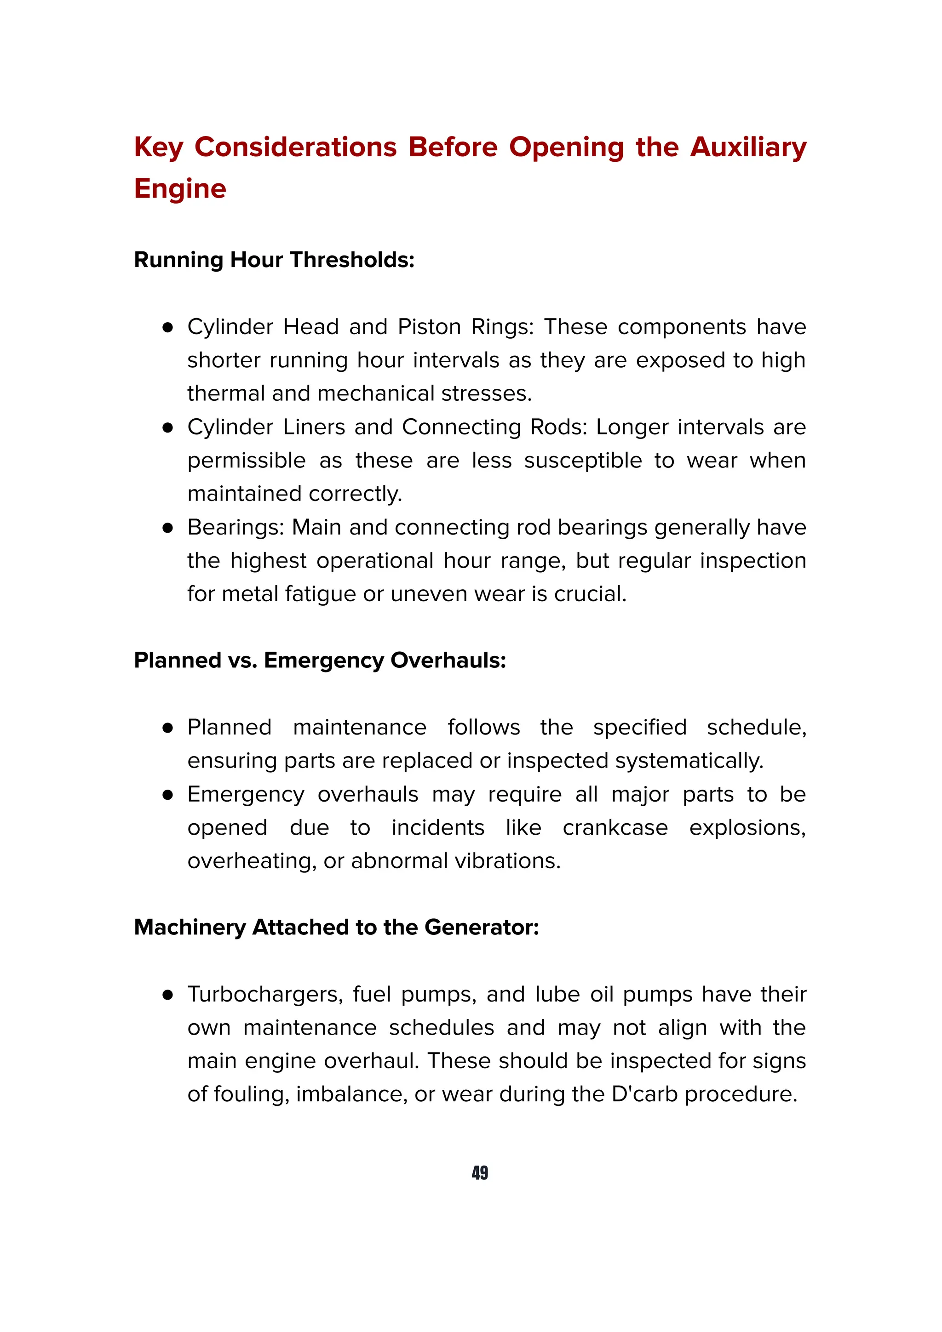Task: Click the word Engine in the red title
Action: [x=180, y=189]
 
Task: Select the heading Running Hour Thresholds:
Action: [x=274, y=260]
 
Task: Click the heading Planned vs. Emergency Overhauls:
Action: [x=320, y=660]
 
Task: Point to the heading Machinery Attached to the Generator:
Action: [x=336, y=927]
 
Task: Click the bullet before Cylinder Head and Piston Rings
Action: [x=168, y=328]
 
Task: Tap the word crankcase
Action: [x=615, y=827]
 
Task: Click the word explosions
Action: [x=747, y=827]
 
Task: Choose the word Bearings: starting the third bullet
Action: [x=235, y=527]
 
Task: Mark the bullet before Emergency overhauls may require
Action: [x=168, y=795]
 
